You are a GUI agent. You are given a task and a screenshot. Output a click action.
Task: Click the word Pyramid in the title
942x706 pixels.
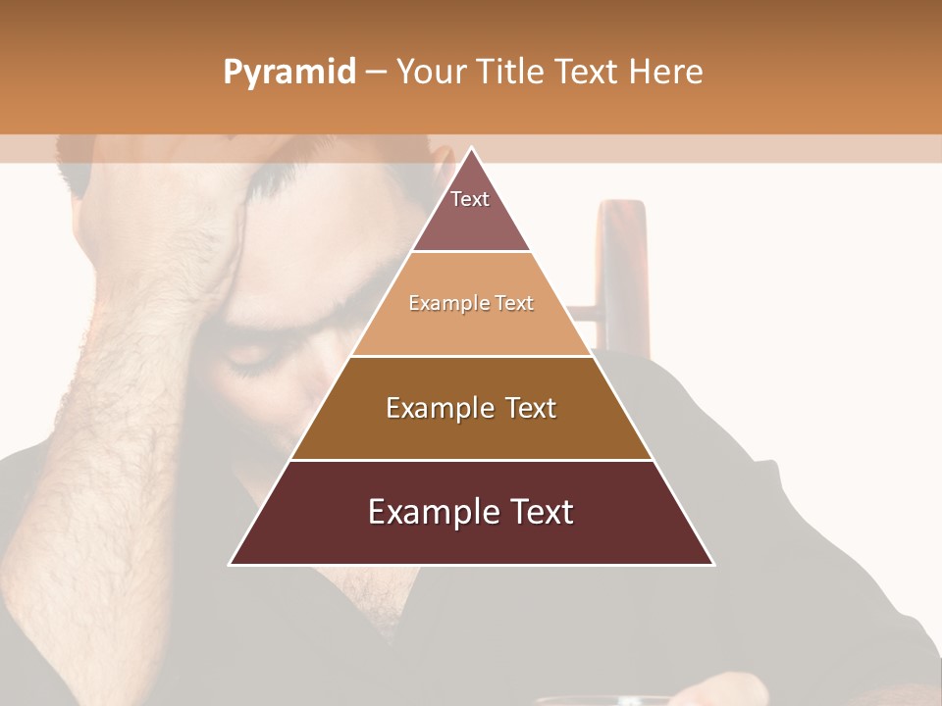pos(288,73)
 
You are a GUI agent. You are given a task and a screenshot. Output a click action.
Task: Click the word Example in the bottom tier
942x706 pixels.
pos(426,512)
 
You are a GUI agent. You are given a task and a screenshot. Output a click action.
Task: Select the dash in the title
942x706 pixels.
pos(376,73)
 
